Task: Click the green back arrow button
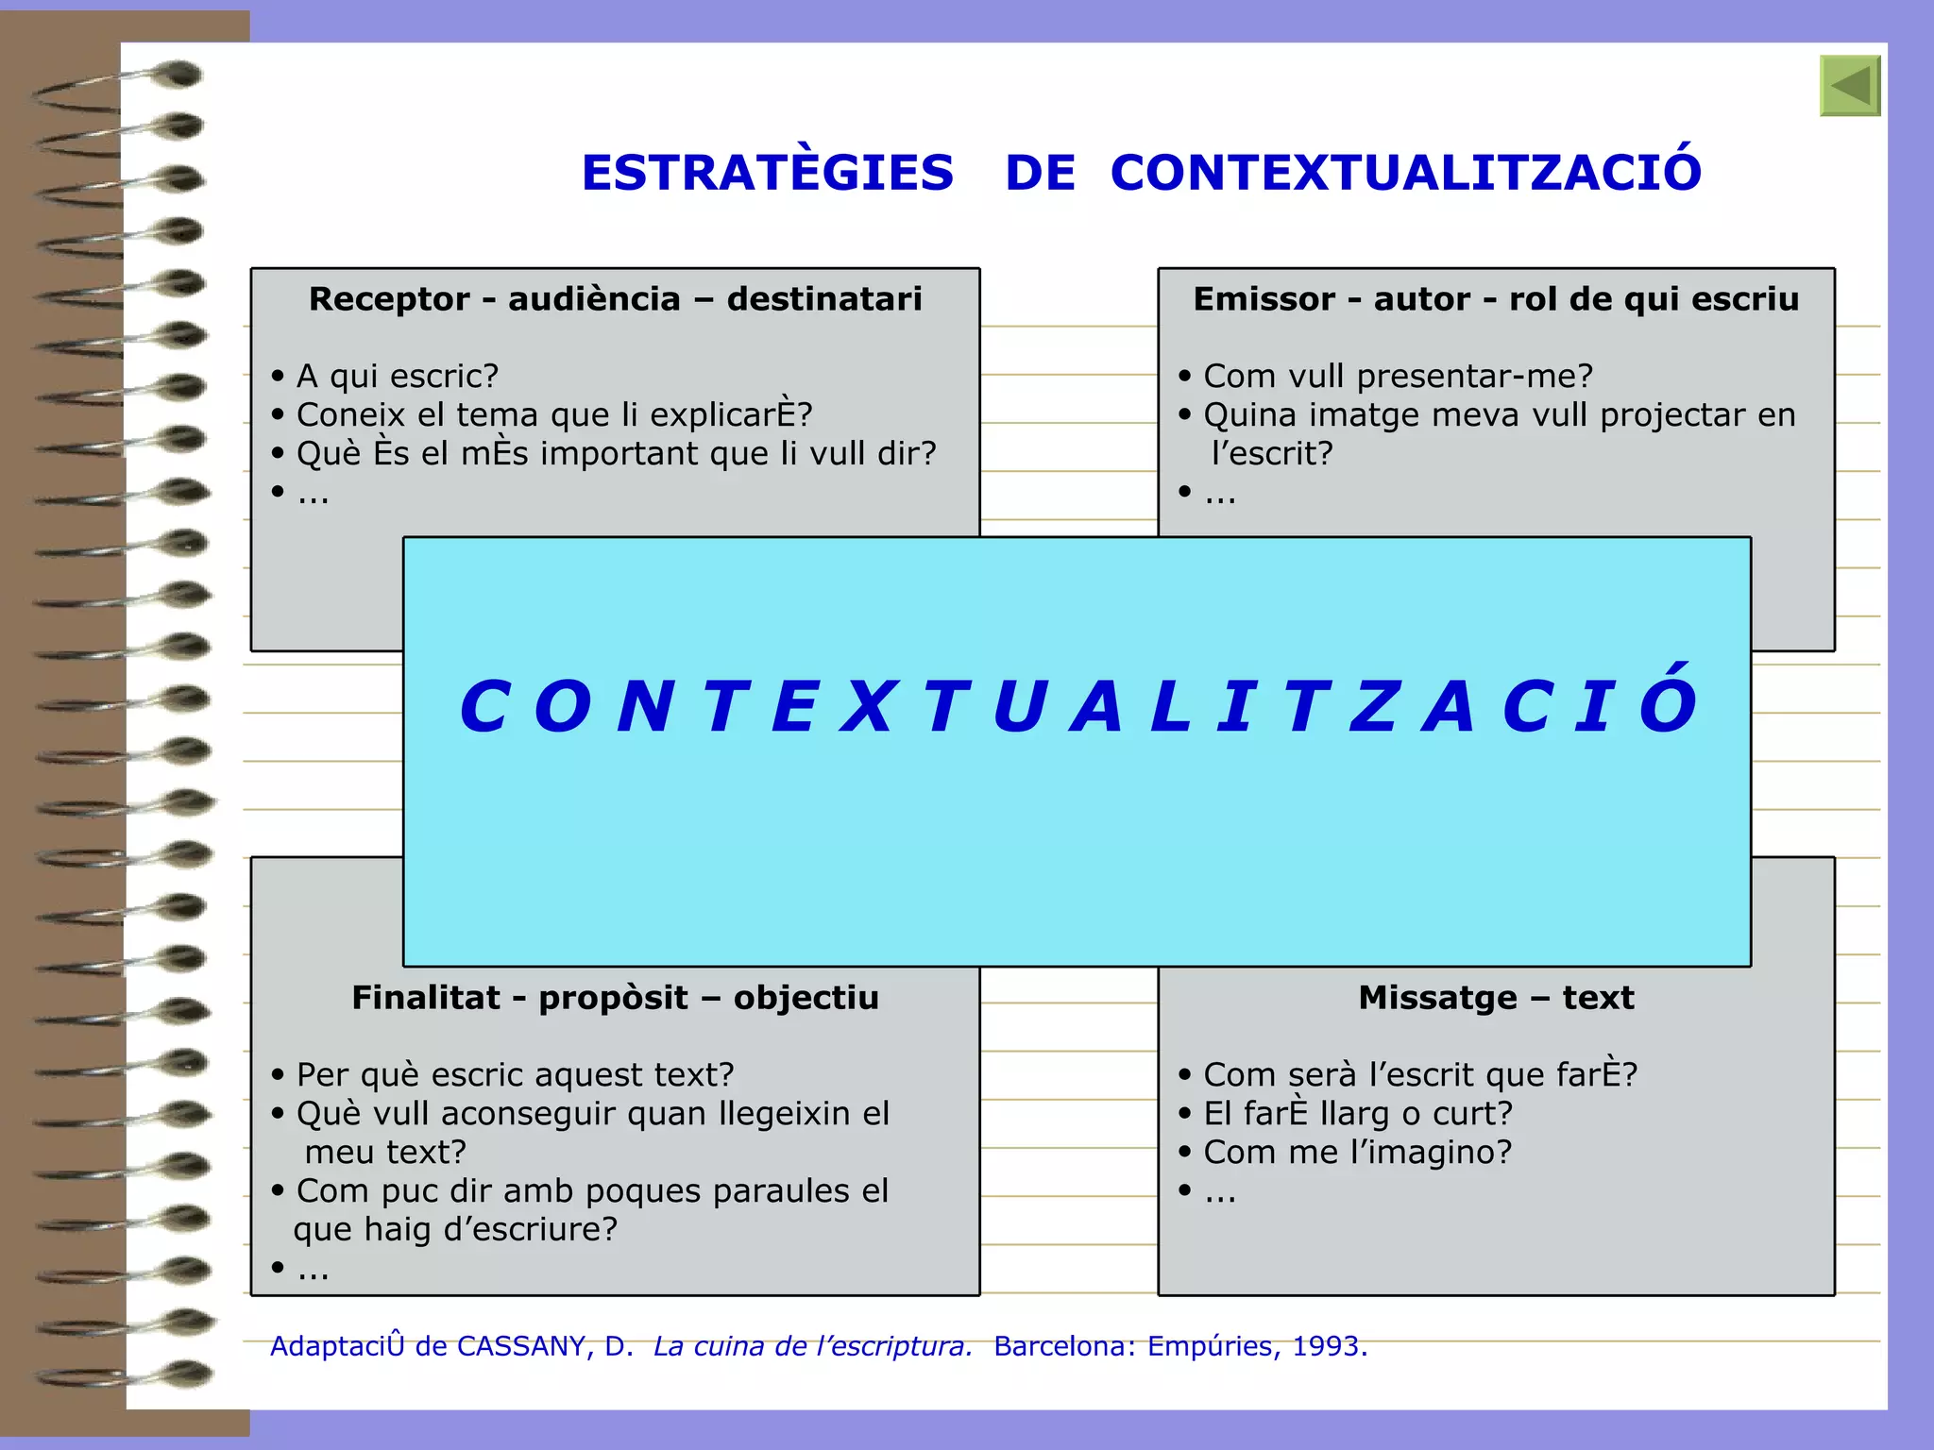pos(1850,86)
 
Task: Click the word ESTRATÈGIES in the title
pos(767,173)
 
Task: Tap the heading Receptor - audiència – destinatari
pos(615,299)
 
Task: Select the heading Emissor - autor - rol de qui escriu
pos(1496,299)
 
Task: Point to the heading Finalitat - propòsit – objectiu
pos(615,998)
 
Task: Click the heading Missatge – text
pos(1496,998)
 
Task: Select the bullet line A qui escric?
pos(397,377)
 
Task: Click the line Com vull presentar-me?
pos(1398,377)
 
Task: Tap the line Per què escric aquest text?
pos(515,1075)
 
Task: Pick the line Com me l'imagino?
pos(1357,1153)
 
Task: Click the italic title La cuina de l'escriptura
pos(812,1346)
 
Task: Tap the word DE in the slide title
pos(1040,173)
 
